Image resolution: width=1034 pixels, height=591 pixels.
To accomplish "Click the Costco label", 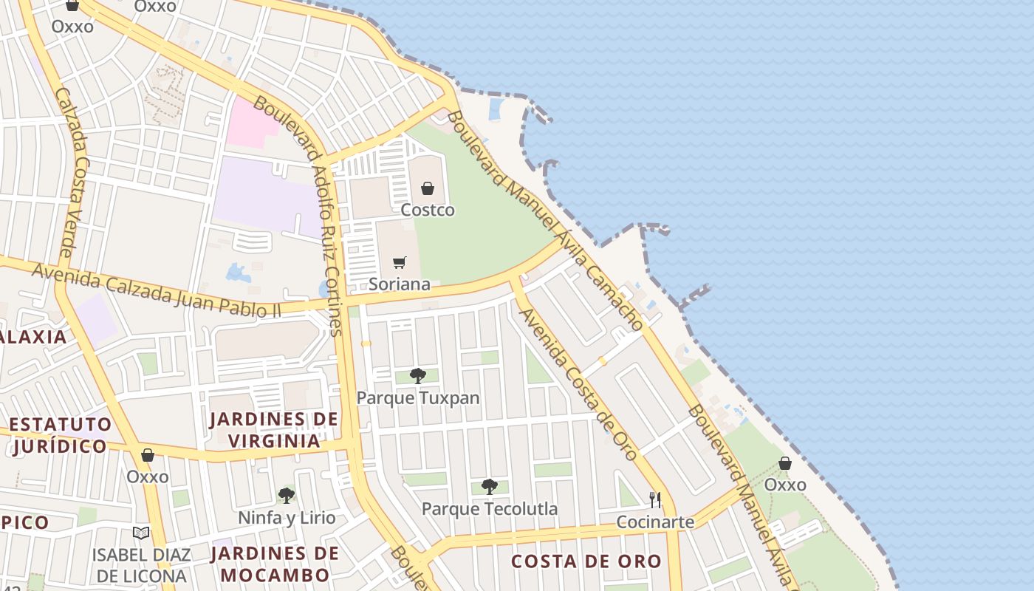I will point(428,211).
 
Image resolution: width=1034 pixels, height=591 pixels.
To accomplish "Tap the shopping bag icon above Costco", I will point(428,188).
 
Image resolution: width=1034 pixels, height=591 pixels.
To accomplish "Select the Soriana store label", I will point(400,284).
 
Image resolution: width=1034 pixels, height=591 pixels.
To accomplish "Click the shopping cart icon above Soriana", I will point(400,262).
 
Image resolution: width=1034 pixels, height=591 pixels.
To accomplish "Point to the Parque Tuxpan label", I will point(418,398).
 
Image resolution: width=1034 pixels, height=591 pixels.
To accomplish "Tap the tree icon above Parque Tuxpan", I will point(418,375).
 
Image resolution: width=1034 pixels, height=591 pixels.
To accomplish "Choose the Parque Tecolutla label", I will point(490,509).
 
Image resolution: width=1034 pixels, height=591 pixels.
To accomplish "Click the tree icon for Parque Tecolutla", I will point(489,486).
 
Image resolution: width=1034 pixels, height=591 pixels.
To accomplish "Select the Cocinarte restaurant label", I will point(656,522).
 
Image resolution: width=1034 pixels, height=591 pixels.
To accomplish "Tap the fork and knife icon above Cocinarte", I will point(654,499).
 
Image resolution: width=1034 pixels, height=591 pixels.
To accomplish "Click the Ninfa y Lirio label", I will point(287,518).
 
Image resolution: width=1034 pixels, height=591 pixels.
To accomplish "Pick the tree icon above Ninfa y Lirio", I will point(287,495).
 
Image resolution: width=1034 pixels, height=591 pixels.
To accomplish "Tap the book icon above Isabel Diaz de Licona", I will point(141,533).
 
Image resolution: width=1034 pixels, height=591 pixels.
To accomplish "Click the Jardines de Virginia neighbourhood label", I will point(274,430).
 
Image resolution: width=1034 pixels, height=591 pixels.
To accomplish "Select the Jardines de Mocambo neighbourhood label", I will point(275,564).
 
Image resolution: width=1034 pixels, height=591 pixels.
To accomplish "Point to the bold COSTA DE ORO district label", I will point(586,561).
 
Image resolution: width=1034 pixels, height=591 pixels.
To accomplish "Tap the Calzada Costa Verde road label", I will point(72,174).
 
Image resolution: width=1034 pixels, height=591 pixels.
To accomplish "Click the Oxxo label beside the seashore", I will point(785,485).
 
